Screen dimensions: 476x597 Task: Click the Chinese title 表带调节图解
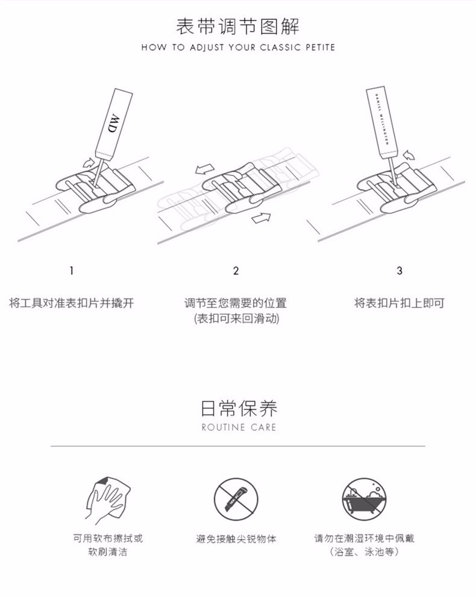click(x=238, y=27)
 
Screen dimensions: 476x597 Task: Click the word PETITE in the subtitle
click(x=321, y=48)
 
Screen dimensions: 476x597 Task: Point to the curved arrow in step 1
click(x=88, y=163)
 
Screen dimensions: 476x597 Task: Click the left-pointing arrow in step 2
click(x=205, y=169)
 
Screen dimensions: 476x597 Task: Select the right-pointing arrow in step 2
click(x=261, y=218)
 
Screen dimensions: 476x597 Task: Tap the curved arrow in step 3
click(x=409, y=155)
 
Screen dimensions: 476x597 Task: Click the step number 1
click(x=71, y=271)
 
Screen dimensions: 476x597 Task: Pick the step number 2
click(x=236, y=271)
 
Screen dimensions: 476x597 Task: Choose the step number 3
click(x=399, y=271)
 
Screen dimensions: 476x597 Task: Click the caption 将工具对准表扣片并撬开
click(x=72, y=303)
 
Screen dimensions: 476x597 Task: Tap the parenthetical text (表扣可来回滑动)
click(x=236, y=318)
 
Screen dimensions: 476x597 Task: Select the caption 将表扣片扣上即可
click(x=399, y=303)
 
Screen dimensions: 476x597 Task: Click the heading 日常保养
click(x=239, y=408)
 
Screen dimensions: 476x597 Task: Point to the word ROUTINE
click(x=224, y=427)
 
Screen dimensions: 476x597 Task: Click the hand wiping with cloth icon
click(x=108, y=500)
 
